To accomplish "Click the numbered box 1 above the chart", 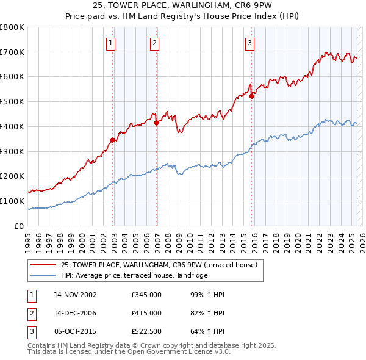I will coord(111,43).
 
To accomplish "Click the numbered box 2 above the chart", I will coord(155,43).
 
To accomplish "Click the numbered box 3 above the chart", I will coord(250,43).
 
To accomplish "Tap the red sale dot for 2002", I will coord(113,140).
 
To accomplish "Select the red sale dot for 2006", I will coord(157,123).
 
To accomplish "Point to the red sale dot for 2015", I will coord(251,95).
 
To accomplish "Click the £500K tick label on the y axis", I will coord(12,102).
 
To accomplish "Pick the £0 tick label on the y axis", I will coord(20,226).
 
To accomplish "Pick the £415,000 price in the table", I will coord(146,312).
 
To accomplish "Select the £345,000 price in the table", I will coord(146,295).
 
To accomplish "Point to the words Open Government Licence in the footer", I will coord(181,351).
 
